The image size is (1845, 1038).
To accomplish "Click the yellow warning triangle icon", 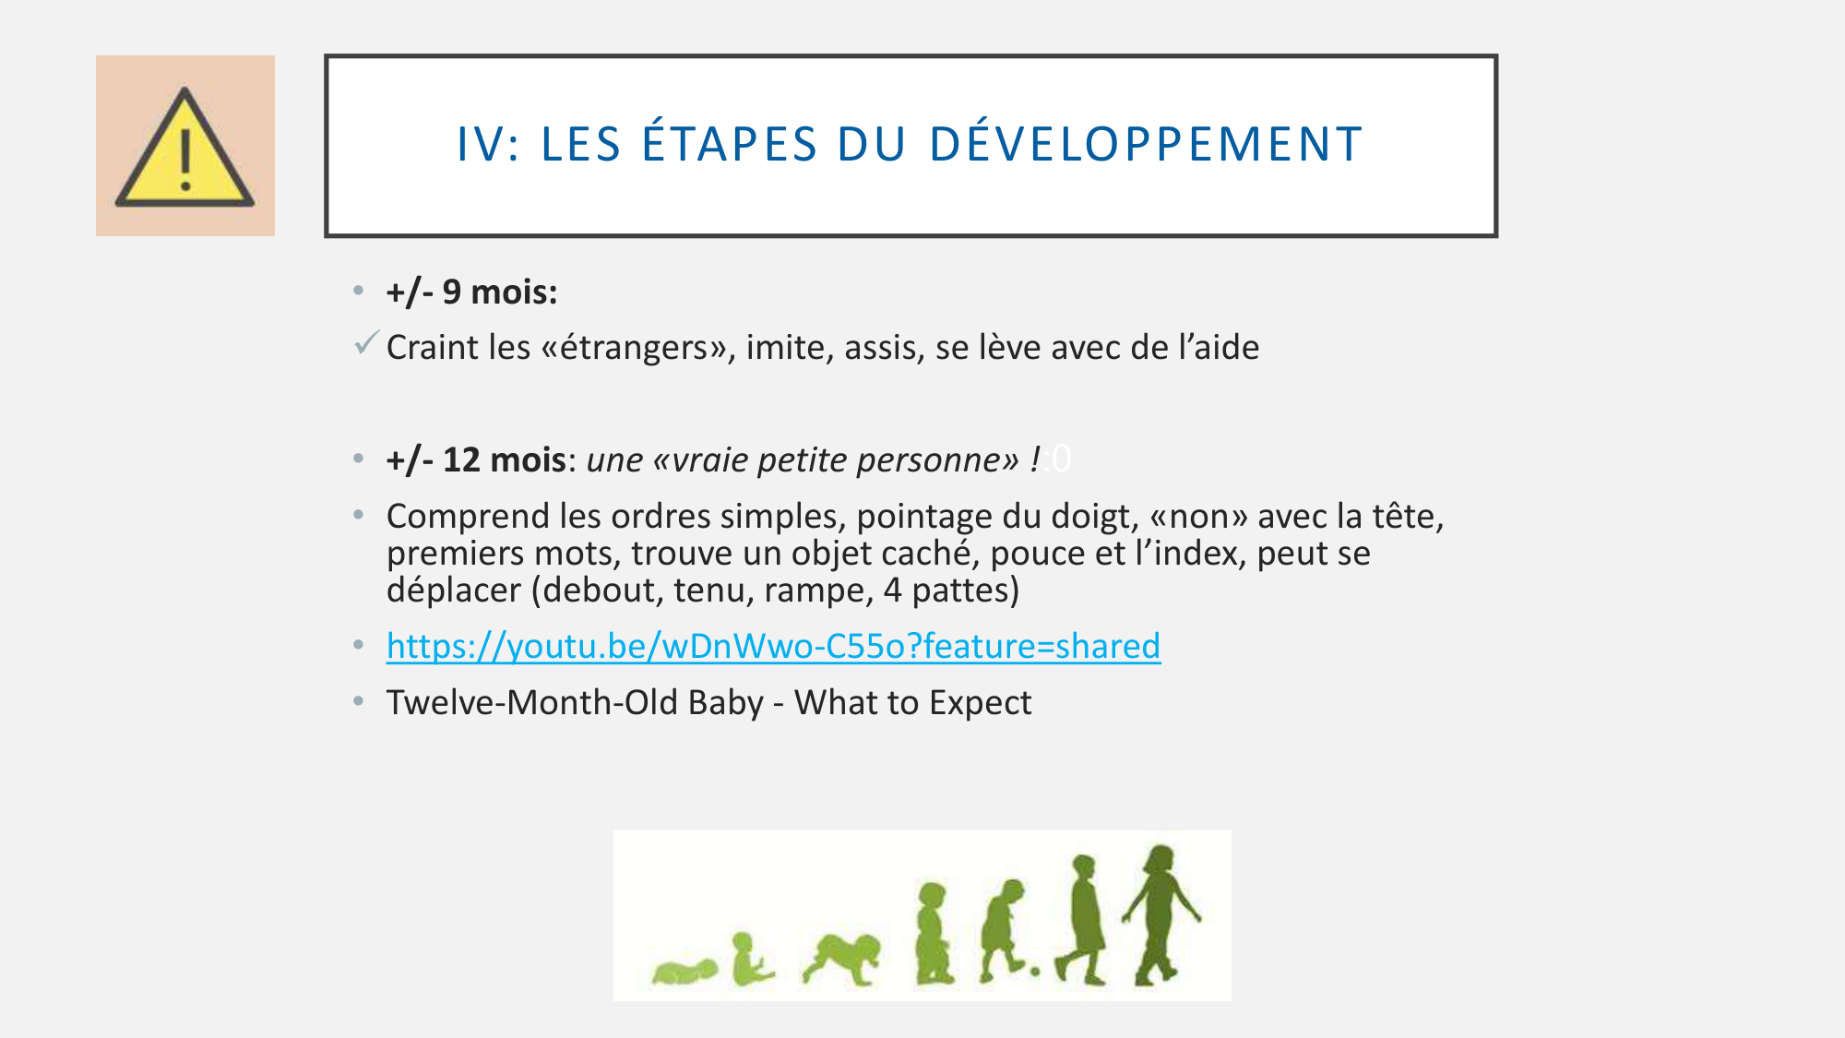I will click(x=184, y=148).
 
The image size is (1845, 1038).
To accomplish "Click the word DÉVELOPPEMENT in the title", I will click(x=1146, y=145).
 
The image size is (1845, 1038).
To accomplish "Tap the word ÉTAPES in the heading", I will click(x=730, y=145).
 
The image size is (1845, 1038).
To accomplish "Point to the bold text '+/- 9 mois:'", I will click(x=471, y=292).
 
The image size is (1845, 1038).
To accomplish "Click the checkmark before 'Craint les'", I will click(x=366, y=343).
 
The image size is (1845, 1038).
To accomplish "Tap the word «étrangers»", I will click(x=637, y=348).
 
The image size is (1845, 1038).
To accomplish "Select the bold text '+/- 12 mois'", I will click(x=476, y=459).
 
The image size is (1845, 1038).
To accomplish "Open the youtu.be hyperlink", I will click(x=773, y=646).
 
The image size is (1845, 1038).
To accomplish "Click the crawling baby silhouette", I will click(x=842, y=958).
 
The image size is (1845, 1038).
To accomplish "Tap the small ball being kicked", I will click(x=1035, y=971).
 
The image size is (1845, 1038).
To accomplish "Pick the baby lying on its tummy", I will click(x=684, y=972).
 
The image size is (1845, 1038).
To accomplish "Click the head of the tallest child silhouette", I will click(x=1159, y=859).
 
